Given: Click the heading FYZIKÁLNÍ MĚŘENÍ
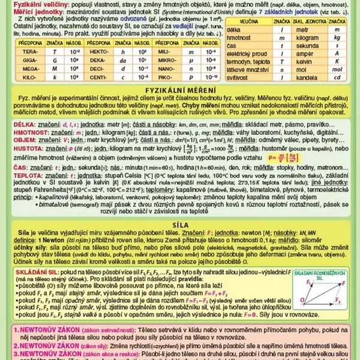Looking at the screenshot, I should click(x=179, y=89).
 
